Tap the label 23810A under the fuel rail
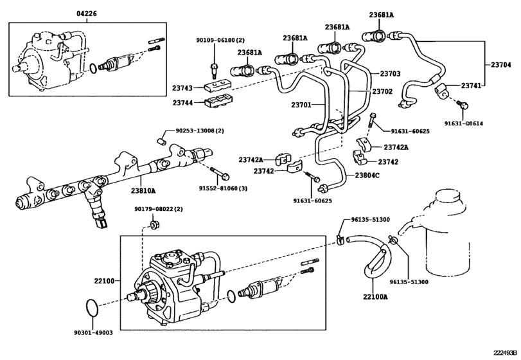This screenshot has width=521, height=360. click(x=144, y=191)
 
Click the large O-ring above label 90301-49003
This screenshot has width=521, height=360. click(x=93, y=307)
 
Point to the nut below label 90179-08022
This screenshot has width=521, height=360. click(x=154, y=224)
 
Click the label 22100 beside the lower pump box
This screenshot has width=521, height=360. click(x=103, y=281)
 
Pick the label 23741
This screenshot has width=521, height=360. click(x=472, y=85)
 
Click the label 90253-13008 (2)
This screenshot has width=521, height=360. click(x=204, y=130)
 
